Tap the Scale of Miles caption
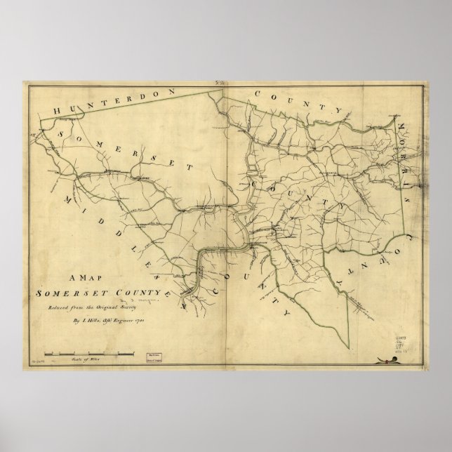click(x=88, y=358)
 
